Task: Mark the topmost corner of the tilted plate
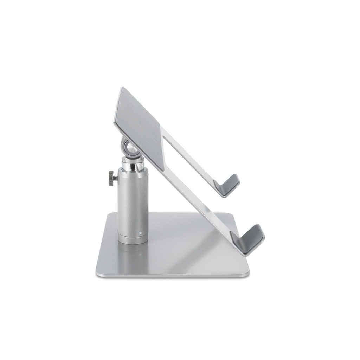pos(121,88)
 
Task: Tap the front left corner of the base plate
pos(97,272)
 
